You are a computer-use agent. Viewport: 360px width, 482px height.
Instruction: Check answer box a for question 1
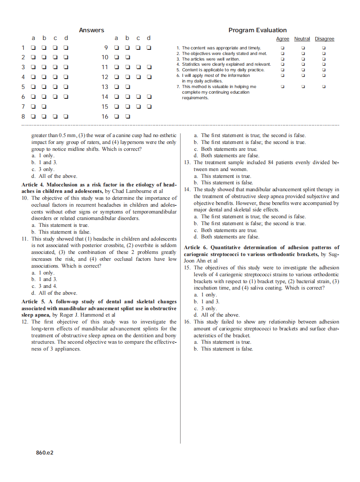pos(34,48)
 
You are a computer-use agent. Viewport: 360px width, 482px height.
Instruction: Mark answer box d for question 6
pos(67,97)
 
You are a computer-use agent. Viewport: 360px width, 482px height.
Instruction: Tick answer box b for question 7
pos(44,107)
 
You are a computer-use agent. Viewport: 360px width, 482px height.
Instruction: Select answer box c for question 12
pos(138,77)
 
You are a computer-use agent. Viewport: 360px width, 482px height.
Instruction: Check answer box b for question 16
pos(128,116)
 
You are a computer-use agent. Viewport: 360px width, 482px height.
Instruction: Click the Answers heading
pos(92,30)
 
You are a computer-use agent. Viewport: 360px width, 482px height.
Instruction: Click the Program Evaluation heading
pos(257,30)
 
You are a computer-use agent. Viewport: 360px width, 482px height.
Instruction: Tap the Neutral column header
pos(302,39)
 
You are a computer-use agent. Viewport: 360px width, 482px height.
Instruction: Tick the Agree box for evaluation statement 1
pos(282,48)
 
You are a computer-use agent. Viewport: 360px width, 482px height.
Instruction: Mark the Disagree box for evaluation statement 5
pos(324,70)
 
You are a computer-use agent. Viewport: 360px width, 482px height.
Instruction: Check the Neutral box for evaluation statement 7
pos(303,86)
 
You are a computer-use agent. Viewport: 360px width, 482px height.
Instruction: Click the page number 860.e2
pos(45,452)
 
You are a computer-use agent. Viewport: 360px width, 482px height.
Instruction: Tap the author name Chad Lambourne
pos(133,191)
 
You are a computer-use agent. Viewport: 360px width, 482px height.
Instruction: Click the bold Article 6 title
pos(261,250)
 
